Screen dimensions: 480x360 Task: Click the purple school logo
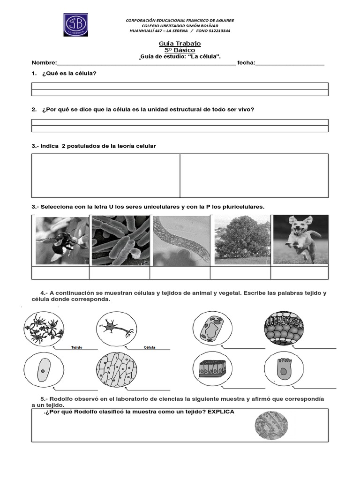(x=75, y=25)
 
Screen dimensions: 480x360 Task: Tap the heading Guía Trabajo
(x=180, y=44)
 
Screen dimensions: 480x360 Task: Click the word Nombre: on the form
(x=44, y=63)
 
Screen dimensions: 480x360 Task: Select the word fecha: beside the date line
(x=246, y=63)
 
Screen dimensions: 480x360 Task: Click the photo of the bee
(x=61, y=240)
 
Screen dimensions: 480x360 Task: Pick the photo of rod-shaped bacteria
(x=120, y=240)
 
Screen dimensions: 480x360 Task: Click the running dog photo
(x=300, y=240)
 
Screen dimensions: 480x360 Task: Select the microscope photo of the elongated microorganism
(x=180, y=240)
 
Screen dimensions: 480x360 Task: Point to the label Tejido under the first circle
(x=77, y=348)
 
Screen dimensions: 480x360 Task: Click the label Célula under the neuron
(x=150, y=348)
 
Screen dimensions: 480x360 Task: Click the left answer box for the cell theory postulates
(x=106, y=176)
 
